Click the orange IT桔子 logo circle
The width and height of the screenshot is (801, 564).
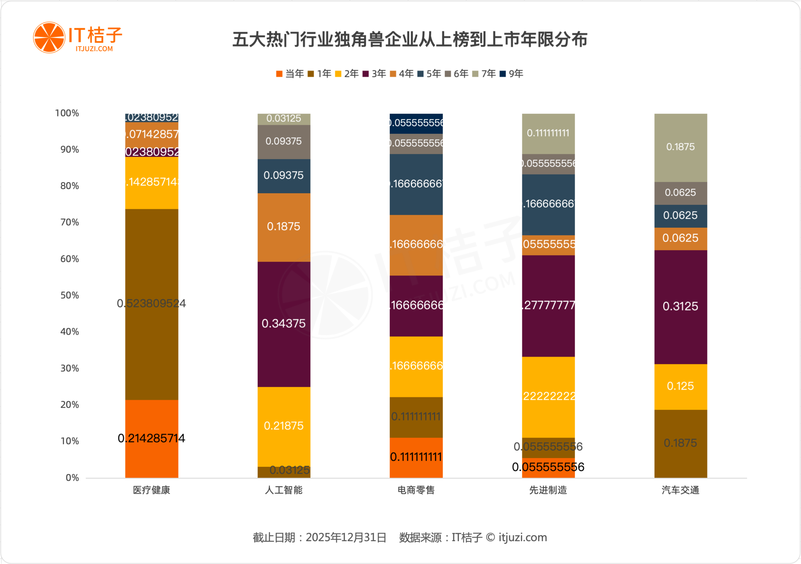(49, 38)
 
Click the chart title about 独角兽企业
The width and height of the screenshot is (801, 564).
(410, 39)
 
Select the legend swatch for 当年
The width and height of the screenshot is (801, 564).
(279, 74)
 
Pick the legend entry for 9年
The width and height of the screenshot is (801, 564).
(512, 74)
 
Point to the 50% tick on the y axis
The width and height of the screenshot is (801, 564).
(70, 295)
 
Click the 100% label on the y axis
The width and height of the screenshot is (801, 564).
(67, 113)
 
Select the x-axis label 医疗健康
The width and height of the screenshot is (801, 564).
(151, 490)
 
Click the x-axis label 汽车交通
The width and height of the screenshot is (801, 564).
(680, 490)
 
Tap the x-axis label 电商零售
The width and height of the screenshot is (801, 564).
(416, 490)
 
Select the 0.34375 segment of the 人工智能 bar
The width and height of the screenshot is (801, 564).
(283, 324)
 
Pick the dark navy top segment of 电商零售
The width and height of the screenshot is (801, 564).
(416, 123)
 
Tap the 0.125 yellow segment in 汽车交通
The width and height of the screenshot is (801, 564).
(680, 386)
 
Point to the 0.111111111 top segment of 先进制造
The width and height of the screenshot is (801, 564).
(548, 133)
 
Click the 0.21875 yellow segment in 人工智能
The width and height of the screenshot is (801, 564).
(283, 426)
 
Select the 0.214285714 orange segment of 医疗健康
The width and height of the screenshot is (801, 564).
(151, 439)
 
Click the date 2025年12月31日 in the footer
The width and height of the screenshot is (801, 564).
(346, 537)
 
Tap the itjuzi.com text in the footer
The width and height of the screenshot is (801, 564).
(522, 537)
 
